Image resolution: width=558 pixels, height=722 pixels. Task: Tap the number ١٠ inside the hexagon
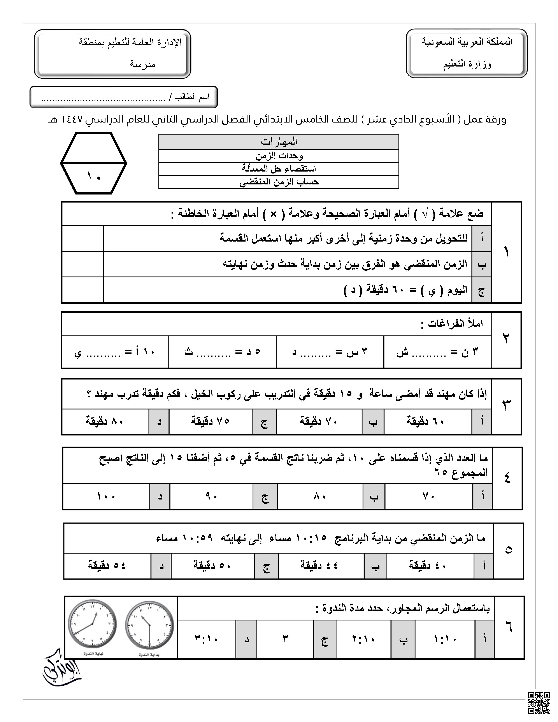tap(94, 177)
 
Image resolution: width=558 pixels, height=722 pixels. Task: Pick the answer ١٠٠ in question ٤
tap(106, 497)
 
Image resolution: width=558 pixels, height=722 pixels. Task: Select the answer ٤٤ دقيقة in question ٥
tap(319, 565)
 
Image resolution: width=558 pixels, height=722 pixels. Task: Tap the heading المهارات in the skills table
tap(279, 142)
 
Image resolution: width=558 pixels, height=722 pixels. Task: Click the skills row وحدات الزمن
tap(279, 156)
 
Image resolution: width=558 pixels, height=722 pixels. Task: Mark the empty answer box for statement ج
tap(83, 290)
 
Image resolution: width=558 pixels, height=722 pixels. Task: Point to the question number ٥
tap(508, 550)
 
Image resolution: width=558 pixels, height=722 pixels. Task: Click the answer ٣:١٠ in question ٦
tap(207, 639)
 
